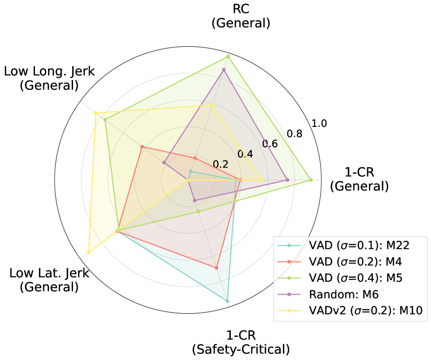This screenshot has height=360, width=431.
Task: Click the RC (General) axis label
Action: point(240,17)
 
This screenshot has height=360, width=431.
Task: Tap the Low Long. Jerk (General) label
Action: point(49,78)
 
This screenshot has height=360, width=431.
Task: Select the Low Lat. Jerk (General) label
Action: point(49,280)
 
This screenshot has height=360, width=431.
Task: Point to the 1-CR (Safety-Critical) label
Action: point(241,343)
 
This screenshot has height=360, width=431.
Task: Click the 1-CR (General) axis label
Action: point(359,178)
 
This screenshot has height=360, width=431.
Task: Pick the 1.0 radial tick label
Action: point(319,124)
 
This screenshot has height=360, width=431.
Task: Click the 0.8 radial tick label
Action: point(292,133)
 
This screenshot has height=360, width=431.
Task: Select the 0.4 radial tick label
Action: point(244,154)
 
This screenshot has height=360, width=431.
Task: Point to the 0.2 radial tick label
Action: point(220,164)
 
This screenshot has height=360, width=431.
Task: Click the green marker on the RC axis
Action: point(228,56)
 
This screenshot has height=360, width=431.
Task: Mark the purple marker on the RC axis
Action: point(224,70)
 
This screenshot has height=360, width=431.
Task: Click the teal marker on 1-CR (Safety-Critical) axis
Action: point(227,301)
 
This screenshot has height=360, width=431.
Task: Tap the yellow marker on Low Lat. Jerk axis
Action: point(89,252)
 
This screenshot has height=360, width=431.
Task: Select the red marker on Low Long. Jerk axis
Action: point(142,147)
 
